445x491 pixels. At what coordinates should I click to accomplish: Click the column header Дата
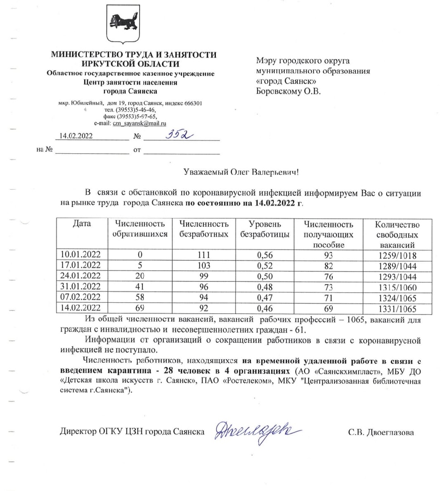click(82, 224)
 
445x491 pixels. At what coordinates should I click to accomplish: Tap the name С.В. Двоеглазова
click(381, 433)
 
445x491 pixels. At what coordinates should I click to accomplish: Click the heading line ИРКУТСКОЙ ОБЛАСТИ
click(134, 64)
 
